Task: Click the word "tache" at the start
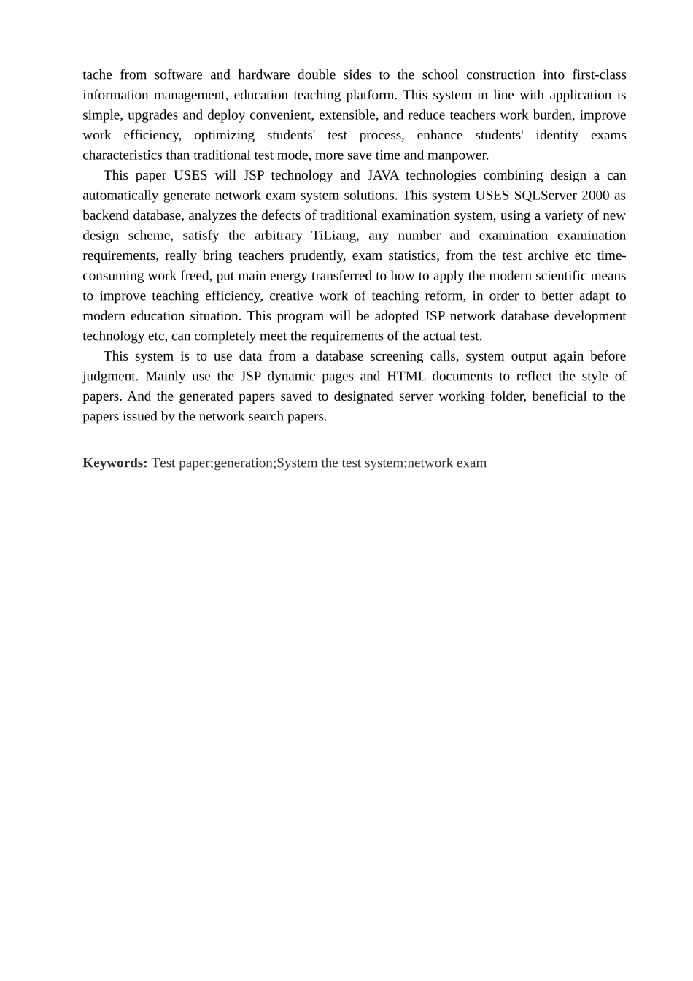[x=97, y=74]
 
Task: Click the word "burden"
[x=552, y=115]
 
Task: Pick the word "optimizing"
[x=224, y=135]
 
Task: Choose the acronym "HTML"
[x=406, y=377]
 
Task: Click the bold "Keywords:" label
[x=115, y=463]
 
